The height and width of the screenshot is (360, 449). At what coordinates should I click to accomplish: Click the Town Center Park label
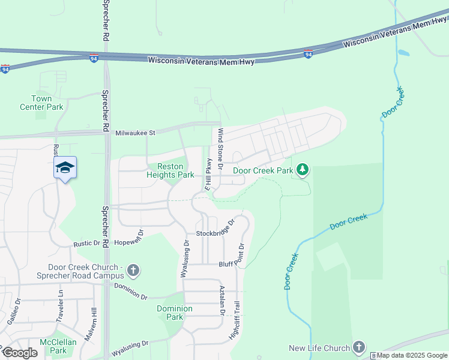[50, 103]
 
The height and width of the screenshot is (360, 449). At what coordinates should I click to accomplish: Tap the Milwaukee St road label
[135, 133]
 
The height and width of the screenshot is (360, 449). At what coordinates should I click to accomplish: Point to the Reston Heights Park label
[170, 170]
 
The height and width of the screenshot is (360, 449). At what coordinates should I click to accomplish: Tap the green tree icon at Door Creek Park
[303, 170]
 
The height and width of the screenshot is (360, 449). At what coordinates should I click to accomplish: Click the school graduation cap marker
[65, 167]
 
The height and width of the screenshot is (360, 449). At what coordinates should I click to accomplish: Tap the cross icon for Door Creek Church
[133, 271]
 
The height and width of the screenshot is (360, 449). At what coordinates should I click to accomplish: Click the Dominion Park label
[174, 313]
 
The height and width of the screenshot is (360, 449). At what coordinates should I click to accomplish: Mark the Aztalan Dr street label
[222, 300]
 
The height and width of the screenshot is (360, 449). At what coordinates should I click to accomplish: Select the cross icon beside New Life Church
[358, 347]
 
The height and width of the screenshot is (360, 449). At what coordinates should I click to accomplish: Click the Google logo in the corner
[20, 353]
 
